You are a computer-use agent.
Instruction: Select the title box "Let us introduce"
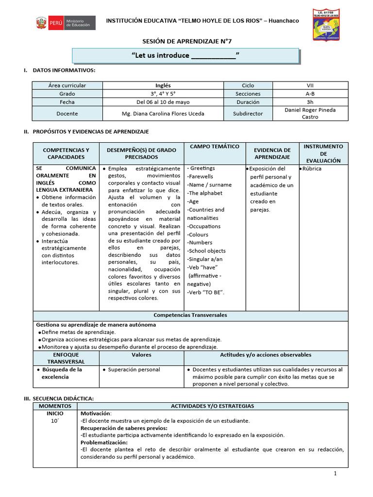(x=186, y=55)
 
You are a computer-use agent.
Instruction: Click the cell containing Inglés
(x=163, y=85)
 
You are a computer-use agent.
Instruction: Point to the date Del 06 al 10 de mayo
(x=163, y=102)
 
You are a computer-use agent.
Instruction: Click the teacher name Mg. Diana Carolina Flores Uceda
(x=163, y=114)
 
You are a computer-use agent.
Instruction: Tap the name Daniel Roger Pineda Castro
(x=310, y=114)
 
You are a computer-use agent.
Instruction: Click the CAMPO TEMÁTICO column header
(x=215, y=146)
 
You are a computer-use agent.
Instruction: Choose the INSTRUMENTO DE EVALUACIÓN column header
(x=323, y=153)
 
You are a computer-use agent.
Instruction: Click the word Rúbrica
(x=311, y=169)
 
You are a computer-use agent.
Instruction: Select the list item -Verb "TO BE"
(x=206, y=292)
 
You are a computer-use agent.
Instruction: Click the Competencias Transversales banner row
(x=190, y=315)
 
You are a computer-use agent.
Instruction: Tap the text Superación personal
(x=134, y=370)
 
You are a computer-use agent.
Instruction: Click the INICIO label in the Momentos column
(x=54, y=414)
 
